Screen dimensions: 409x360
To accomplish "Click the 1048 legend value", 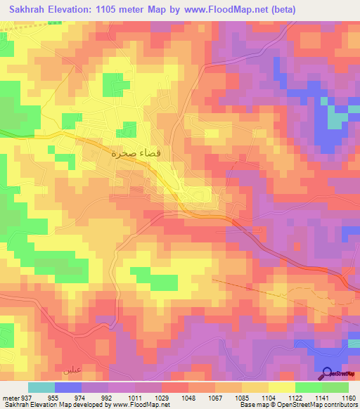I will (187, 398).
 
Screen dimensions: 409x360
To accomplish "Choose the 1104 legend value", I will (268, 398).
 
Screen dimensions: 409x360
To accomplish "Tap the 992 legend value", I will (107, 398).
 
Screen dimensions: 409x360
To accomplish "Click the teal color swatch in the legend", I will (41, 387).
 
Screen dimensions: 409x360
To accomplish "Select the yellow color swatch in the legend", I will (282, 387).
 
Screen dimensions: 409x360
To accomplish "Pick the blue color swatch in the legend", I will (68, 387).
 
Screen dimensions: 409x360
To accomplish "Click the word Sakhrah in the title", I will (30, 10).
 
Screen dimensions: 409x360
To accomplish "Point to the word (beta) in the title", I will (281, 10).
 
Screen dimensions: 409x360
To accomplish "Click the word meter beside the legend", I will (9, 398).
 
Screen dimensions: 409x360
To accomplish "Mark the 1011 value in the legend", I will (134, 398).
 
